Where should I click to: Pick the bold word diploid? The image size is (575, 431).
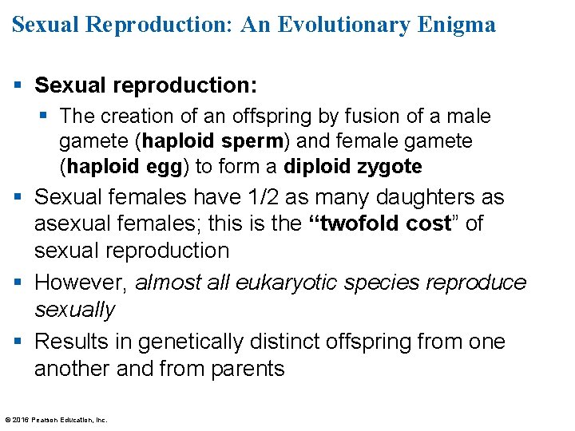pos(316,167)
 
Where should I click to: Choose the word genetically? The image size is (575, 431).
pos(190,342)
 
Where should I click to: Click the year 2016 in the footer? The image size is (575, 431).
pos(21,419)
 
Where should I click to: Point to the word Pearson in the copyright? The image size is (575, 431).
pos(46,419)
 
